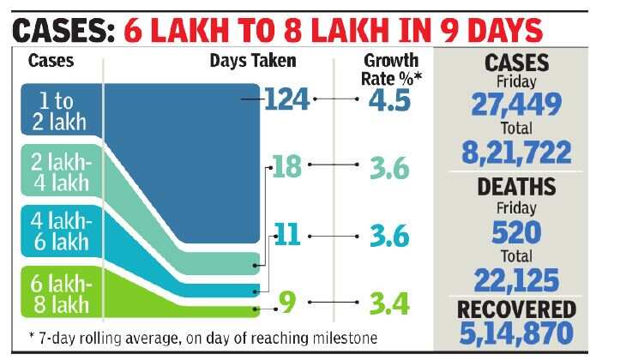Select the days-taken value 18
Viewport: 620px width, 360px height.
[286, 166]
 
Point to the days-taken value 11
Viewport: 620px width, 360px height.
[287, 234]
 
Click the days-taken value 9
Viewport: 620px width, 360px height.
[288, 302]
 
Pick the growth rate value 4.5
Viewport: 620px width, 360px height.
[390, 100]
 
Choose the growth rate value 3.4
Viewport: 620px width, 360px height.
[389, 303]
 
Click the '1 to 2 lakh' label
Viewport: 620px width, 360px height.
[56, 110]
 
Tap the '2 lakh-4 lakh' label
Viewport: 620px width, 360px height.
[56, 174]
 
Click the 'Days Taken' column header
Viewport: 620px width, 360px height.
[253, 61]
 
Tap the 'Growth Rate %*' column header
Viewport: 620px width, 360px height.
[392, 69]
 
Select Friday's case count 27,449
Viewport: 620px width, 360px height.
[516, 104]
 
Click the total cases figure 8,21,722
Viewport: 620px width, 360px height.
[516, 153]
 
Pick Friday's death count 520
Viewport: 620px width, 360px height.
[516, 232]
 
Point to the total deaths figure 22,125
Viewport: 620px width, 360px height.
[516, 279]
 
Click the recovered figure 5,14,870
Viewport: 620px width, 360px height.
[516, 331]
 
